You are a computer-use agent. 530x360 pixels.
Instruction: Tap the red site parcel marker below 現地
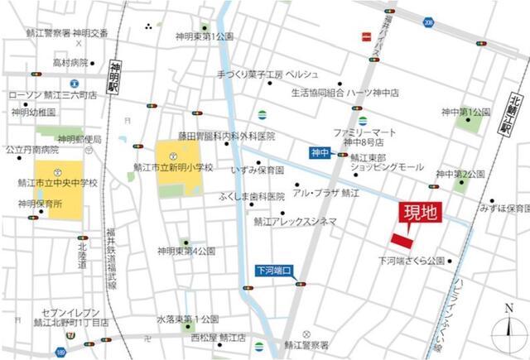[x=403, y=239]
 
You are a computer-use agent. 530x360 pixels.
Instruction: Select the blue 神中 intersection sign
[x=320, y=152]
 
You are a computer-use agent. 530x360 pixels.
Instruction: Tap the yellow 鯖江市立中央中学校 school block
[x=58, y=190]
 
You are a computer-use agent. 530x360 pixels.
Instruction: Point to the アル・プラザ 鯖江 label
[x=325, y=192]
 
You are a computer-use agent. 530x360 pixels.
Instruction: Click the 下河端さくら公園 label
[x=412, y=260]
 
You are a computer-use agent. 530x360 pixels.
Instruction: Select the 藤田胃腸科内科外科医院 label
[x=226, y=135]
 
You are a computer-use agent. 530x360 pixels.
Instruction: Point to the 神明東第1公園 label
[x=204, y=36]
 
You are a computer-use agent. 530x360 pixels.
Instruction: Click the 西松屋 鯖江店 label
[x=218, y=338]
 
